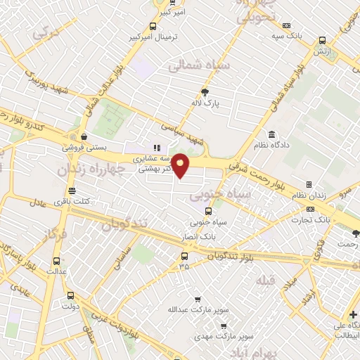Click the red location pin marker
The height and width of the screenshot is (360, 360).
tap(181, 165)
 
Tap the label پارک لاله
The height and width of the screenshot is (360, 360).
tap(205, 103)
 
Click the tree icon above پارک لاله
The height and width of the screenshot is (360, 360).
tap(205, 92)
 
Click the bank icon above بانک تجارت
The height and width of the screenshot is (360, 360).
tap(310, 210)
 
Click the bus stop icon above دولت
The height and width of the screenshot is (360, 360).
tap(69, 295)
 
